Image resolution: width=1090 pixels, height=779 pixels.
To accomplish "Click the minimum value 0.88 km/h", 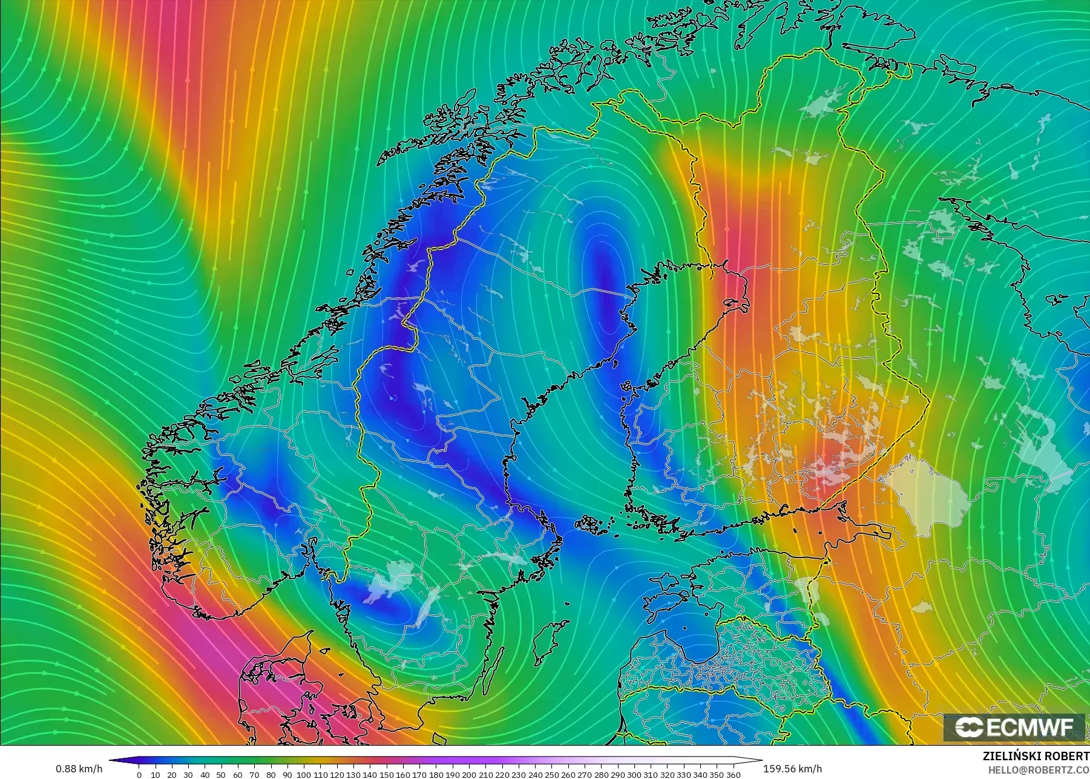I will tap(79, 769).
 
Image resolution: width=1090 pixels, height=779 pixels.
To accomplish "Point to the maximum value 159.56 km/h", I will tap(792, 769).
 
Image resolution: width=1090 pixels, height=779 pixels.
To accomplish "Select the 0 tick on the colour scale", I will tap(139, 774).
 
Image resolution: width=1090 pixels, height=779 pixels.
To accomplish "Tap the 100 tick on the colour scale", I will tap(304, 774).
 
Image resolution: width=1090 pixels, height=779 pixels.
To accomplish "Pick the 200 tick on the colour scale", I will tap(468, 774).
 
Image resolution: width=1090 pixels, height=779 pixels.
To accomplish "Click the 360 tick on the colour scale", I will tap(733, 774).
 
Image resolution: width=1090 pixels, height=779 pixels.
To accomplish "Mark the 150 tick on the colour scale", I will tap(386, 774).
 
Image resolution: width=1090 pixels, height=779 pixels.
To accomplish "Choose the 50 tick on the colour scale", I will tap(222, 774).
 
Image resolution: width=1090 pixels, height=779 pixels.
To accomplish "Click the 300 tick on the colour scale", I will tap(634, 774).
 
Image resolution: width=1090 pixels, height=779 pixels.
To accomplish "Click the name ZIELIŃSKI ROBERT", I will tap(1036, 757).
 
